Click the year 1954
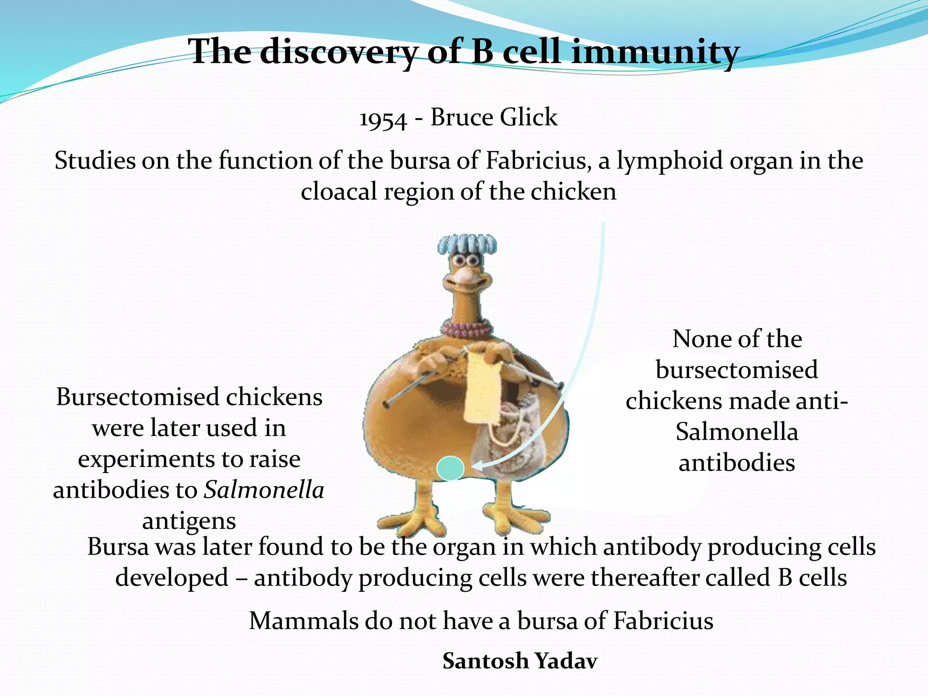[x=383, y=119]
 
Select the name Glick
[x=529, y=117]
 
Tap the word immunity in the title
[x=655, y=52]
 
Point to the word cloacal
[x=339, y=192]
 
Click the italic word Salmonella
[x=264, y=490]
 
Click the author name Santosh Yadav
[x=520, y=661]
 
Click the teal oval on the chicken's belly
[x=450, y=469]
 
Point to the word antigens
[x=189, y=521]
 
